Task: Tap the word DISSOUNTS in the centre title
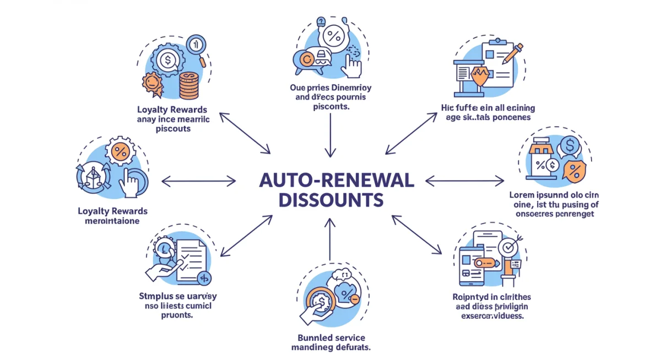pyautogui.click(x=330, y=200)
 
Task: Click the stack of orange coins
pyautogui.click(x=189, y=85)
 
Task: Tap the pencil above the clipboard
pyautogui.click(x=511, y=54)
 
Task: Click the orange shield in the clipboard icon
pyautogui.click(x=479, y=78)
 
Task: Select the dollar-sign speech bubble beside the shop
pyautogui.click(x=570, y=146)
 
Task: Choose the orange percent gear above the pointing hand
pyautogui.click(x=120, y=151)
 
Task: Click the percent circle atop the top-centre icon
pyautogui.click(x=333, y=37)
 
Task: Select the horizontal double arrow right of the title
pyautogui.click(x=465, y=180)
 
